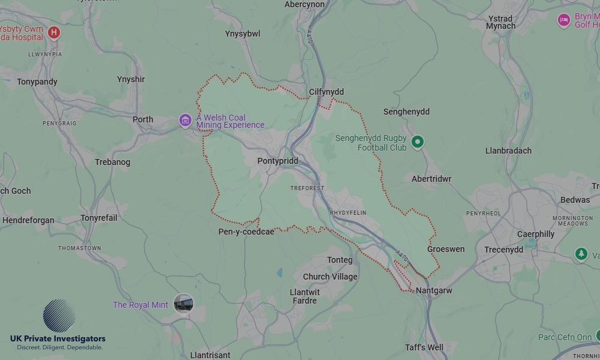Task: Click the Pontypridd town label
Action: [x=277, y=161]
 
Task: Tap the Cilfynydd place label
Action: [x=326, y=92]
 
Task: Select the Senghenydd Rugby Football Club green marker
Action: [x=418, y=142]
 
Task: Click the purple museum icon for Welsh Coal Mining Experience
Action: [x=185, y=121]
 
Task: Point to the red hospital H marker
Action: [x=54, y=32]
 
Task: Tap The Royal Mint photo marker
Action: [x=183, y=304]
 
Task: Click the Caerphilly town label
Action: [x=536, y=234]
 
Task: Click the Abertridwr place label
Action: [x=431, y=179]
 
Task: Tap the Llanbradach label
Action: [x=508, y=151]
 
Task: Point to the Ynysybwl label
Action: [x=242, y=34]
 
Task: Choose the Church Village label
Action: [x=330, y=277]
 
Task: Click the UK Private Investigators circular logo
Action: [x=59, y=316]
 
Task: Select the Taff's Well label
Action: [x=424, y=347]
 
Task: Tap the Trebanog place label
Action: [x=112, y=162]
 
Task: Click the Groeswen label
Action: [x=446, y=249]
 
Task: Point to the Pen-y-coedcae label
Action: [x=246, y=232]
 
